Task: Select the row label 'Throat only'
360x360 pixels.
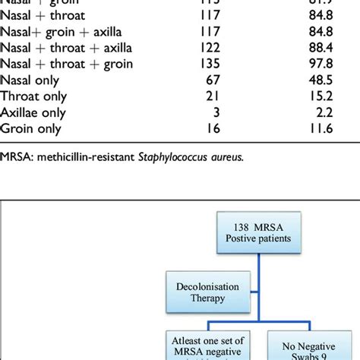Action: pyautogui.click(x=34, y=96)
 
